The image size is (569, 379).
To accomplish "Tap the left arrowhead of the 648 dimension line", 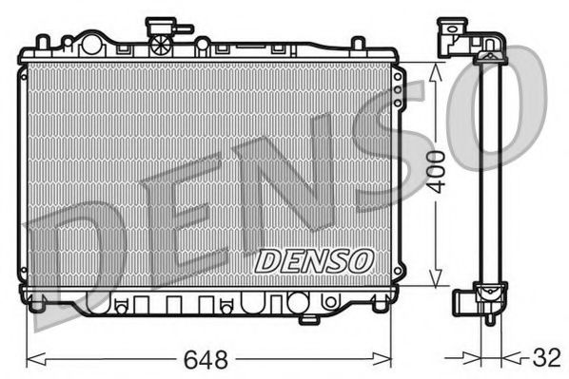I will (x=31, y=359).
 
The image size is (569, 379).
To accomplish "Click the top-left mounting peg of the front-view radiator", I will (x=43, y=43).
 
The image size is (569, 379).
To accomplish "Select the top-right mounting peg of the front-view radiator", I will (x=359, y=43).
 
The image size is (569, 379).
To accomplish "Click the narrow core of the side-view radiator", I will (x=489, y=171).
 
